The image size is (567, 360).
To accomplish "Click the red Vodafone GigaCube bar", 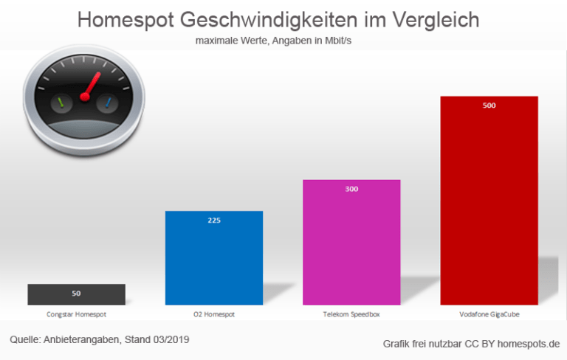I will click(x=489, y=207).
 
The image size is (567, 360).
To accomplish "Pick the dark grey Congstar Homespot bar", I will click(x=76, y=294).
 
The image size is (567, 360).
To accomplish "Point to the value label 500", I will click(x=489, y=105).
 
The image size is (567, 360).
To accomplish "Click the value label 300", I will click(x=351, y=190).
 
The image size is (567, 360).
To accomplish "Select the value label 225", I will click(x=214, y=221).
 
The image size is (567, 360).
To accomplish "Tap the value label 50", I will click(x=76, y=294).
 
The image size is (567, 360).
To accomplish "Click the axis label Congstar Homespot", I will click(x=76, y=314).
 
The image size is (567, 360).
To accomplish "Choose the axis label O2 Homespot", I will click(x=214, y=314).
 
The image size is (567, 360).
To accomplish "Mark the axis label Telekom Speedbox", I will click(x=351, y=314).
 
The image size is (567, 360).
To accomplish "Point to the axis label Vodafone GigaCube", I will click(x=489, y=314).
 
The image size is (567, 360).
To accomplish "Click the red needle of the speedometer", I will click(x=91, y=86).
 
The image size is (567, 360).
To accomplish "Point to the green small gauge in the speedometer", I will click(x=62, y=102).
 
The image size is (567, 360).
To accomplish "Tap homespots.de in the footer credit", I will click(x=529, y=344).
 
